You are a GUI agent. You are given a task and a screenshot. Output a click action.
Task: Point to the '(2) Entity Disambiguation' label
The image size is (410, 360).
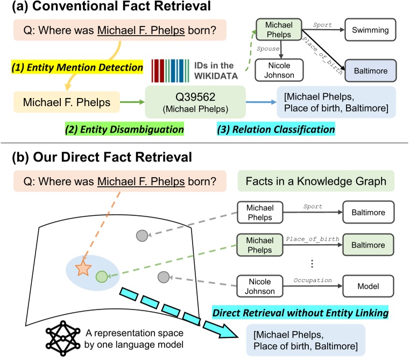124,130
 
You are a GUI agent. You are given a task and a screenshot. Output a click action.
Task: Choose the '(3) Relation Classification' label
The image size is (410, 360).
275,130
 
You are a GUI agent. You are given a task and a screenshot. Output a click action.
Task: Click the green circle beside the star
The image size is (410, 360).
101,277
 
